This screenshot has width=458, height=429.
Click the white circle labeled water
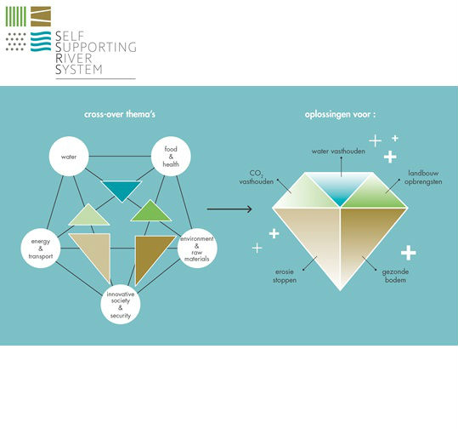pos(69,157)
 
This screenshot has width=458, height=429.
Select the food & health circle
pos(171,157)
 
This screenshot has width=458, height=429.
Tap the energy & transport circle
pos(41,249)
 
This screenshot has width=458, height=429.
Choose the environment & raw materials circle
pos(197,249)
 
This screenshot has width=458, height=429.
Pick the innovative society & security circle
pos(121,305)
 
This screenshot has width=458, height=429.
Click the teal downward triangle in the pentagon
pos(122,190)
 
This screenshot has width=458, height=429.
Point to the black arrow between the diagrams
pos(229,209)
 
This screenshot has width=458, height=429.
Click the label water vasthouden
pos(338,152)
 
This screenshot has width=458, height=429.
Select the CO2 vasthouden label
pos(256,177)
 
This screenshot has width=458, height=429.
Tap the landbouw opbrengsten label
pos(423,177)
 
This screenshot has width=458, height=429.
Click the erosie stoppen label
pos(285,276)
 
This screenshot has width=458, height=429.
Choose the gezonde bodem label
pos(395,276)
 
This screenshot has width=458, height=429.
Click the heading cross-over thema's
pos(120,114)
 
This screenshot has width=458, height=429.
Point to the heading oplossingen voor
pos(340,114)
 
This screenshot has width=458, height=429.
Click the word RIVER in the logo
pos(74,58)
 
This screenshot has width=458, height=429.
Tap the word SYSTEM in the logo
pos(79,70)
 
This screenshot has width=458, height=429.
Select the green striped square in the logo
pos(16,16)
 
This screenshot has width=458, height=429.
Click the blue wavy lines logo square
pos(41,41)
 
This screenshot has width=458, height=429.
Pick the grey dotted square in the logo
pos(16,42)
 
